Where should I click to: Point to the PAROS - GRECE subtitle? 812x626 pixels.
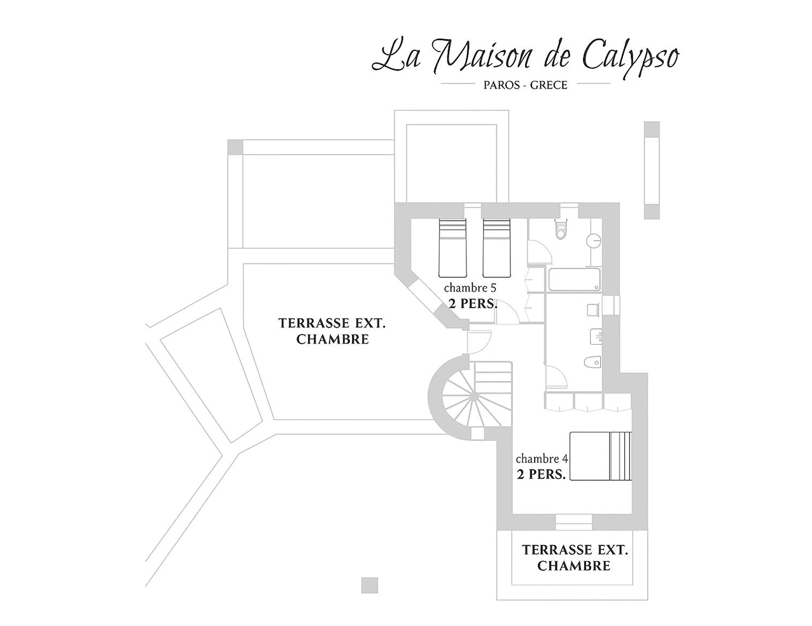click(x=525, y=85)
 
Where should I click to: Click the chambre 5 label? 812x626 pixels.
click(x=470, y=288)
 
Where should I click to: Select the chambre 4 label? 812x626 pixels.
click(x=542, y=459)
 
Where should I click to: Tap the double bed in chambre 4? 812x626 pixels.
click(x=600, y=456)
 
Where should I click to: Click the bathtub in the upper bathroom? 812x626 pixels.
click(x=573, y=280)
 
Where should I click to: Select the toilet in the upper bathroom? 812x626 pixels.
click(x=561, y=230)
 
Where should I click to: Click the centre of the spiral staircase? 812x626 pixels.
click(x=473, y=397)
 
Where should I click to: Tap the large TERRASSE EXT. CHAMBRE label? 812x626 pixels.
click(x=332, y=331)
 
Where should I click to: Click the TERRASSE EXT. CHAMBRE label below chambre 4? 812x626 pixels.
click(x=575, y=557)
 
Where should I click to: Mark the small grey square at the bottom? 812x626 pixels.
click(x=369, y=585)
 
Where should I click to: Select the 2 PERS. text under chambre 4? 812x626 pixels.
click(x=541, y=474)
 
